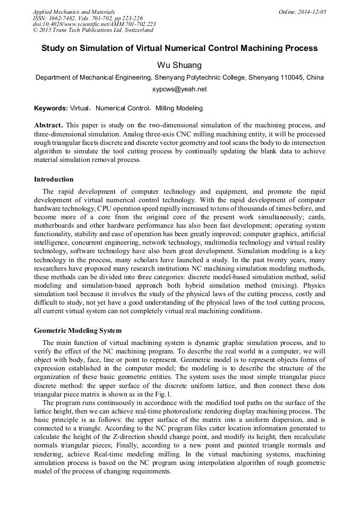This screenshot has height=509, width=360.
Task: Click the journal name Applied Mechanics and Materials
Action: tap(73, 12)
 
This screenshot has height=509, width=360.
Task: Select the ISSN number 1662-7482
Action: tap(64, 18)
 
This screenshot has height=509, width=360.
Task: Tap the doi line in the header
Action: tap(94, 24)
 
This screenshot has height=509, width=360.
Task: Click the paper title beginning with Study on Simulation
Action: tap(179, 48)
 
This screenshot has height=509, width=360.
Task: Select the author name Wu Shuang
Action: tap(179, 65)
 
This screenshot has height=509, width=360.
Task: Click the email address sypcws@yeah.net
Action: tap(179, 90)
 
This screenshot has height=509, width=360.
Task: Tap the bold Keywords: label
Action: tap(50, 108)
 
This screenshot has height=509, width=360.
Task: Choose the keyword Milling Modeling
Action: tap(179, 108)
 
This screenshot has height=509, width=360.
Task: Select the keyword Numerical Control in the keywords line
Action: tap(122, 108)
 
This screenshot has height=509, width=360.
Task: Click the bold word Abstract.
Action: tap(48, 126)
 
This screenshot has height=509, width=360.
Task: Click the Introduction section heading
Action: tap(54, 179)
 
